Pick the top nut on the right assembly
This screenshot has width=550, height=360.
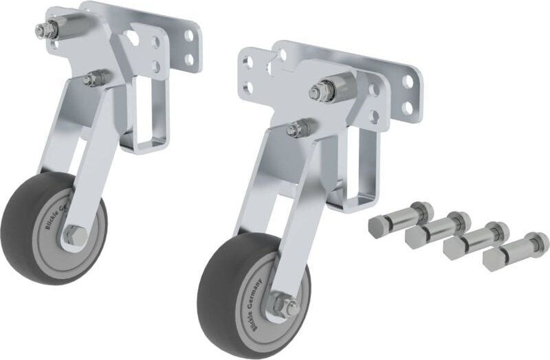point(322,91)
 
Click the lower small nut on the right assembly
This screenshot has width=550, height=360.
point(300,128)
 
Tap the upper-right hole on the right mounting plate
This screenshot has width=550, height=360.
point(408,81)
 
